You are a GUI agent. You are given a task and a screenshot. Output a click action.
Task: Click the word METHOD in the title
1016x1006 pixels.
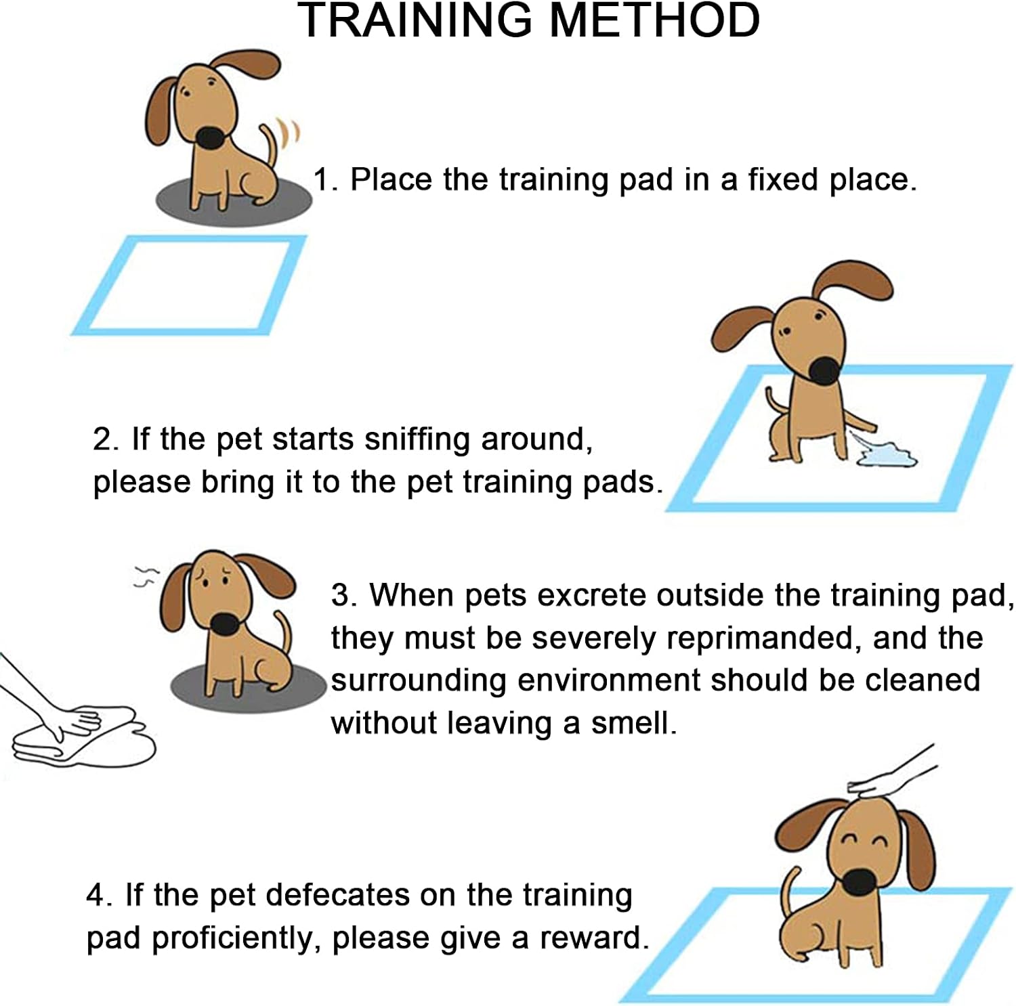[654, 20]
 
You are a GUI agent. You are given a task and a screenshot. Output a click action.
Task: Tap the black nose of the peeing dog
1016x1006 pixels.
[826, 370]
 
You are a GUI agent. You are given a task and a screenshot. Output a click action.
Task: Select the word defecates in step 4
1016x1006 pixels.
[342, 896]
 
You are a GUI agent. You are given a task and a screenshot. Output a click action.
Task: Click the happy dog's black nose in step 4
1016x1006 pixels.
[859, 881]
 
